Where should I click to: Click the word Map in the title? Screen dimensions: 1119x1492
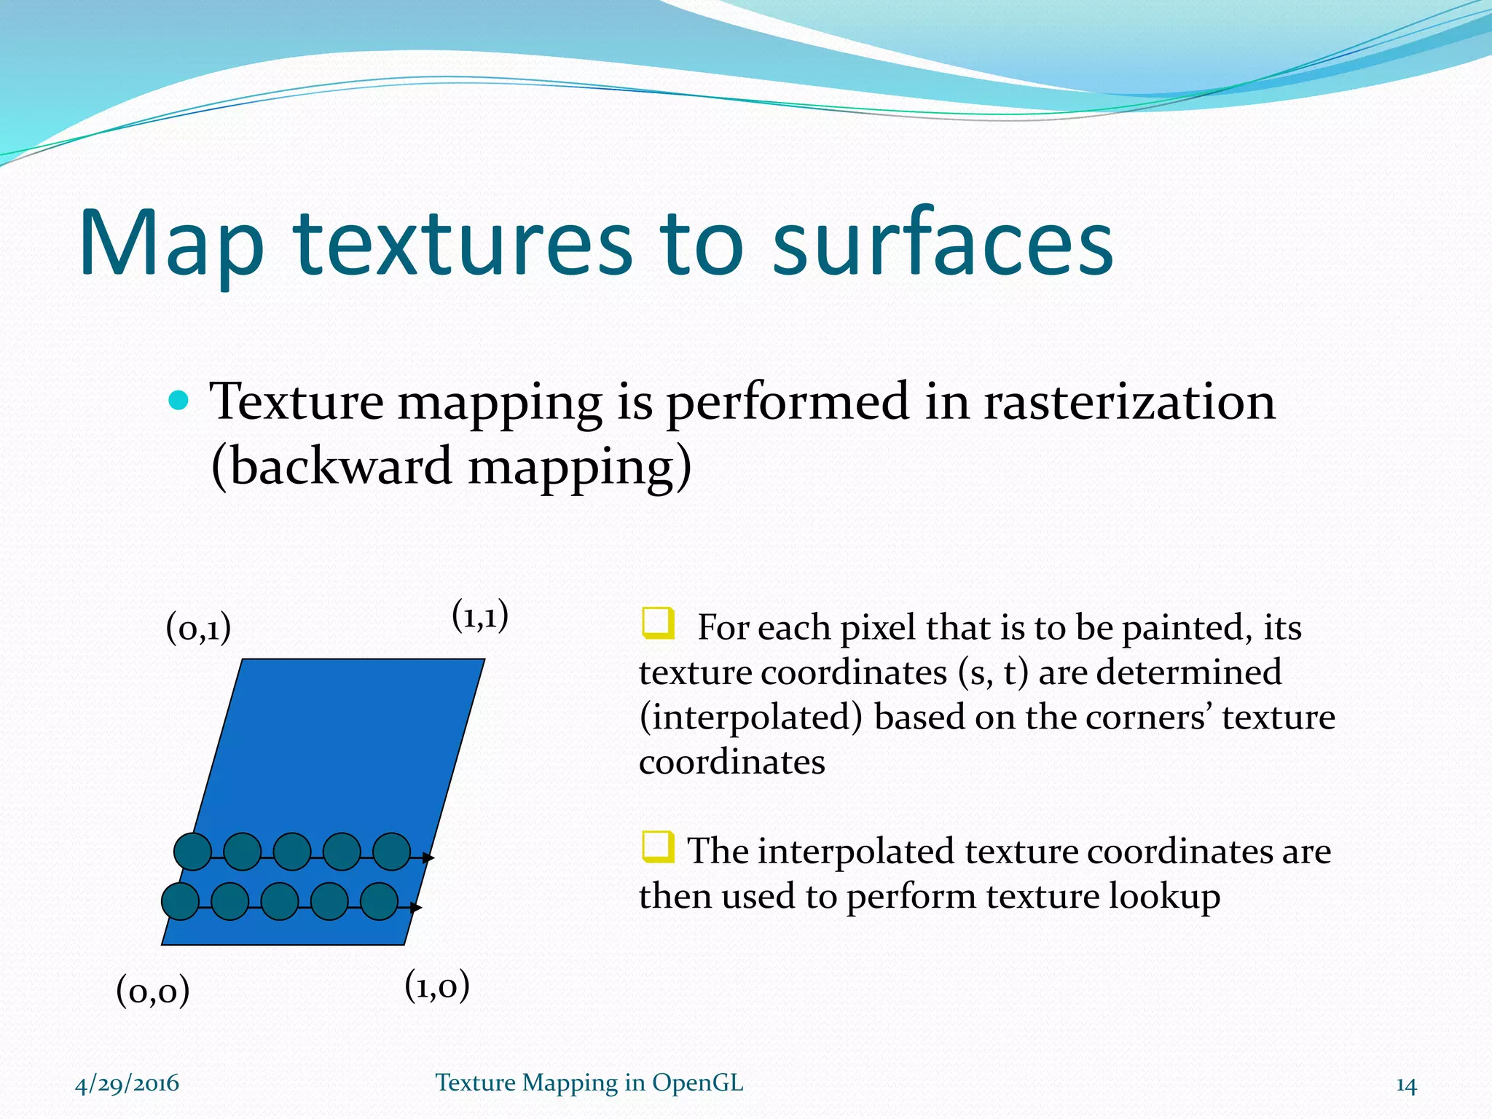pos(171,244)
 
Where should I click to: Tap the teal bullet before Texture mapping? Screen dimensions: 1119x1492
pos(178,400)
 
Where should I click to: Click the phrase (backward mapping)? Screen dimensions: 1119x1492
pos(451,467)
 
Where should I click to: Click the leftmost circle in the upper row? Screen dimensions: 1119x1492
pos(193,851)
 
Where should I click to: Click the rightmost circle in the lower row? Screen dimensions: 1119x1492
pos(379,901)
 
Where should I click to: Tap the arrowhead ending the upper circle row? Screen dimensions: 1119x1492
pos(429,858)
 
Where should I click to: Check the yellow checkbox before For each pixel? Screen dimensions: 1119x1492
pos(658,624)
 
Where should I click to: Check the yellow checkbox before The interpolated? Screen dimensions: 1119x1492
pos(658,847)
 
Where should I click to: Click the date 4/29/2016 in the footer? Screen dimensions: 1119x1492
pos(127,1083)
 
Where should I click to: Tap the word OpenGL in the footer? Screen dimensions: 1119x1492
pos(697,1083)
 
